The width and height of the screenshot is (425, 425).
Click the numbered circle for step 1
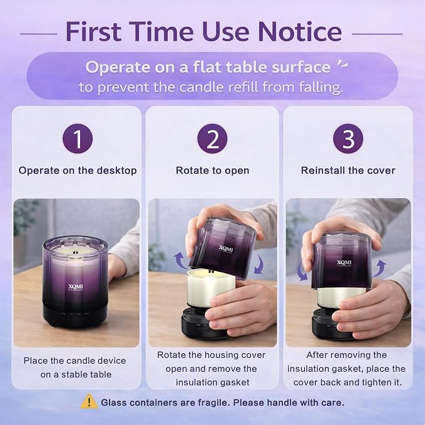point(78,139)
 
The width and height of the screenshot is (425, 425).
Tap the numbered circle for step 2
point(212,139)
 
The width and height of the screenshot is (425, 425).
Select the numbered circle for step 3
point(348,139)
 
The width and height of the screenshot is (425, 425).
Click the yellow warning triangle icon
point(89,401)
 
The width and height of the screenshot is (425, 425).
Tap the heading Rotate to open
point(213,170)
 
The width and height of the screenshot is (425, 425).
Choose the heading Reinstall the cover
point(348,170)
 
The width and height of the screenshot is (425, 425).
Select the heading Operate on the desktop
point(78,170)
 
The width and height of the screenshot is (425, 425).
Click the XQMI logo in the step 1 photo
point(76,287)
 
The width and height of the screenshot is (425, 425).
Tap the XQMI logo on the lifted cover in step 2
point(226,249)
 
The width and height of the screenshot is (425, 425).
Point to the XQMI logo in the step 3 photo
point(344,263)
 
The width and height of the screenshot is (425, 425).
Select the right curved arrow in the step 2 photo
point(259,264)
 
